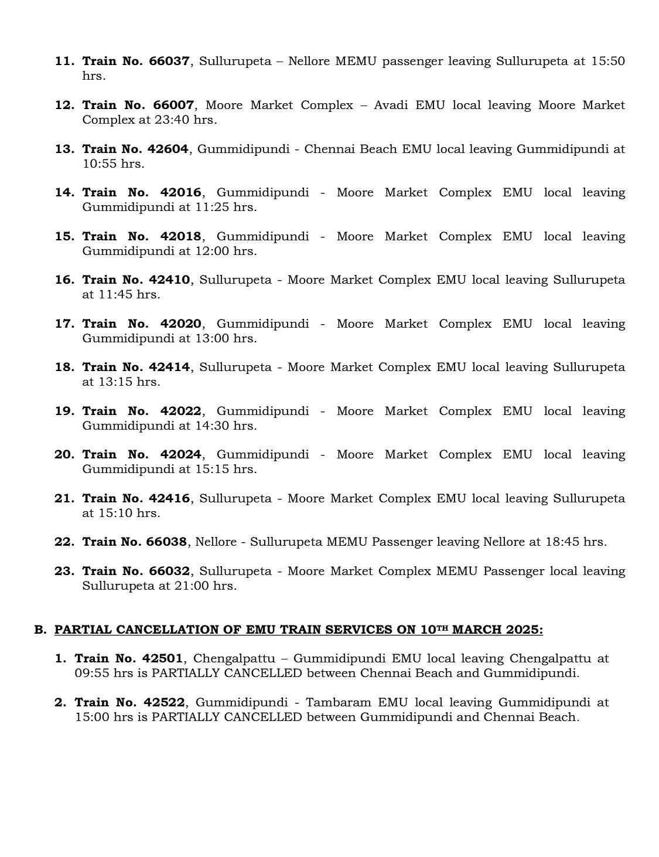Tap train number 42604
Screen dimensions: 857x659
pos(168,149)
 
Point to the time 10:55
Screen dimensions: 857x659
pos(100,164)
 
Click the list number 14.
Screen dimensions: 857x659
pos(64,193)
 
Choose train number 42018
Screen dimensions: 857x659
pos(180,237)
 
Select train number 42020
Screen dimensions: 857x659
pos(180,324)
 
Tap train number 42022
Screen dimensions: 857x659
pos(180,412)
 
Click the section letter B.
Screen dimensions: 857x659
pos(39,630)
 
